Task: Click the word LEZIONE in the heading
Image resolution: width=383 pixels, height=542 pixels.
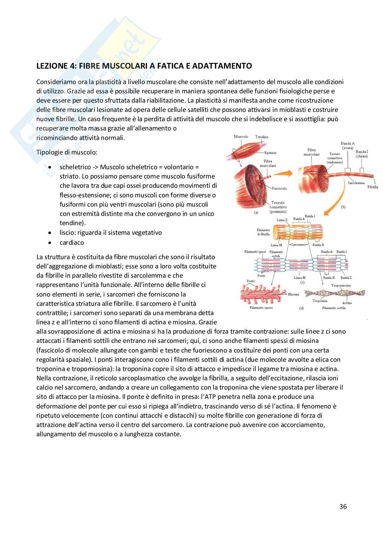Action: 51,66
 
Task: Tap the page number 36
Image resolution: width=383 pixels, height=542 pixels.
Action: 343,506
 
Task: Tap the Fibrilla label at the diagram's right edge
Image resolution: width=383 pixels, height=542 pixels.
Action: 372,187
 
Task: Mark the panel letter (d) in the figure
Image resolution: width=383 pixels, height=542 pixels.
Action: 301,308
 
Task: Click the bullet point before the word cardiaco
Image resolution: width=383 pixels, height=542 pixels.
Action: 50,242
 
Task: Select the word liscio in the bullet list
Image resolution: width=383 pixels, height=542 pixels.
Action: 66,232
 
